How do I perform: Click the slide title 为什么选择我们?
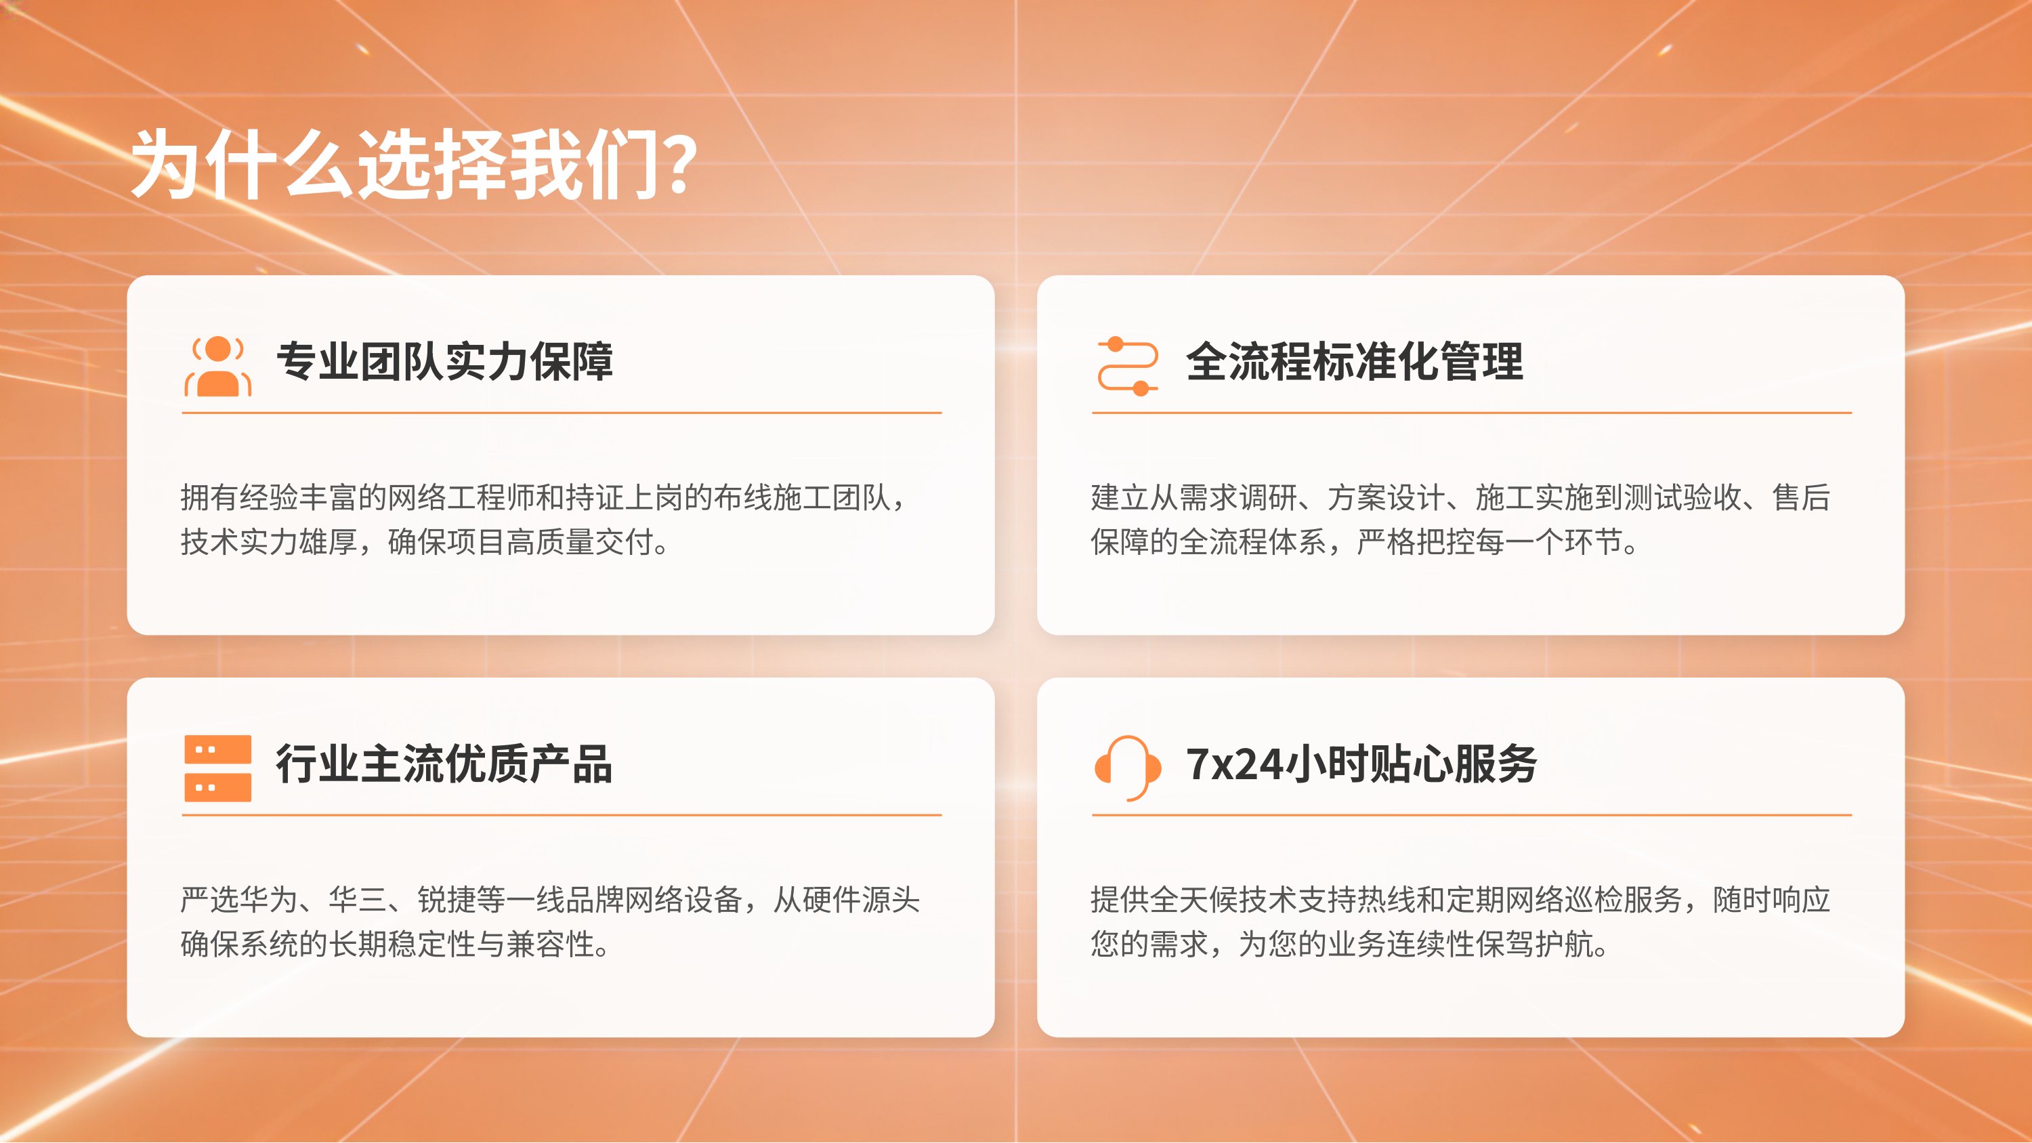(x=413, y=164)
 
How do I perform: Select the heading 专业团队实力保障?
(x=444, y=362)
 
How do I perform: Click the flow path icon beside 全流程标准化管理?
(x=1127, y=365)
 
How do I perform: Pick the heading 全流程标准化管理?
(x=1353, y=362)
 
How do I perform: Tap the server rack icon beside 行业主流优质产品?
(x=217, y=768)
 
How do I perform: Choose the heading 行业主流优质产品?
(x=444, y=764)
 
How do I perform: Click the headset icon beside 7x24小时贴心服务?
(x=1127, y=767)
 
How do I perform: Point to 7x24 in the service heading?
(x=1235, y=764)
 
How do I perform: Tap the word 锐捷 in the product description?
(x=447, y=899)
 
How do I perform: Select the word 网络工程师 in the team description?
(x=461, y=498)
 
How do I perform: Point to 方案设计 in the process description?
(x=1386, y=498)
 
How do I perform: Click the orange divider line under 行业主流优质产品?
(x=562, y=815)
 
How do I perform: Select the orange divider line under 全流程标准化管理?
(x=1471, y=413)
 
